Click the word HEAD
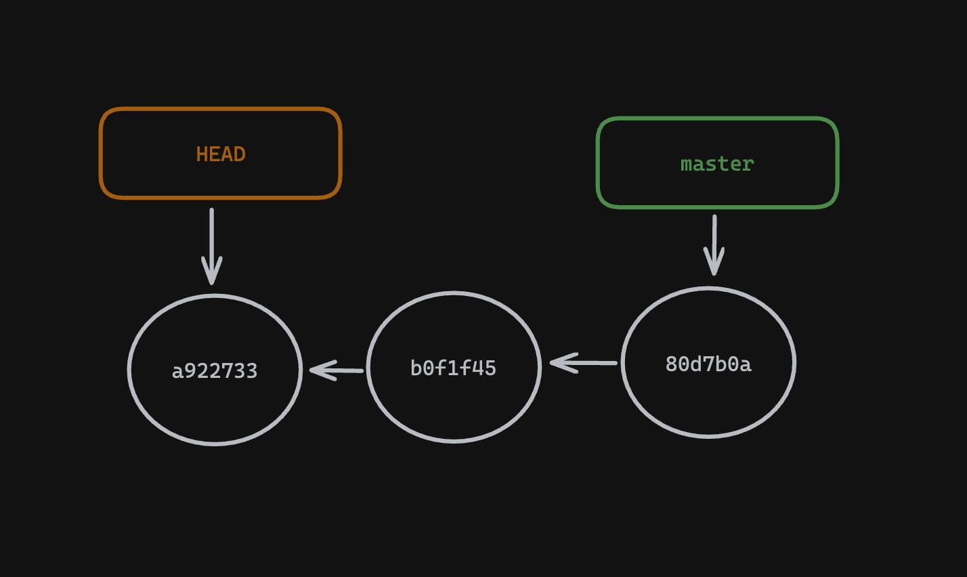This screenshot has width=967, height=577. (x=221, y=154)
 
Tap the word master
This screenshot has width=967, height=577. (x=717, y=164)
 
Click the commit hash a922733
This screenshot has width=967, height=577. (x=215, y=371)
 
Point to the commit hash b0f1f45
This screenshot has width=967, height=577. (x=453, y=368)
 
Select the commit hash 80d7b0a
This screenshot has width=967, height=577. (x=708, y=364)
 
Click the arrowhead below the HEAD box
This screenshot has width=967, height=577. (x=212, y=274)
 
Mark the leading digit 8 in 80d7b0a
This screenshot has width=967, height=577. (x=671, y=364)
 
